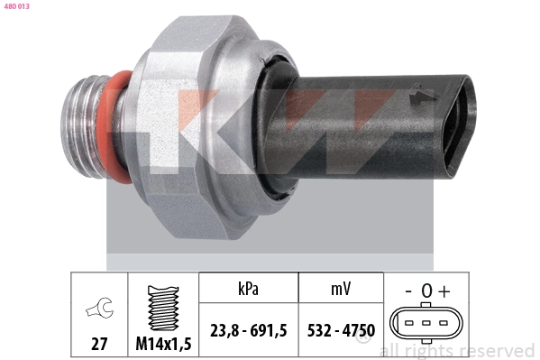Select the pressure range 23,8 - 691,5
[x=247, y=331]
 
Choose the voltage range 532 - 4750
[x=340, y=331]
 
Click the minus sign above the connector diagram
[x=407, y=291]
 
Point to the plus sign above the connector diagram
[x=444, y=291]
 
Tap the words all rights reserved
[x=457, y=350]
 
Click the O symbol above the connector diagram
[x=425, y=291]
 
